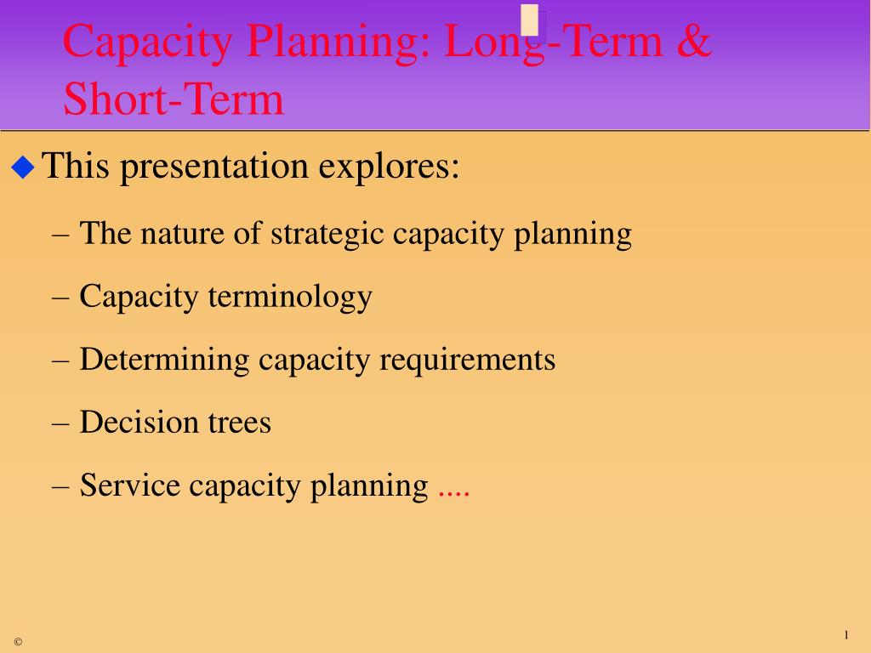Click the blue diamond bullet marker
[x=23, y=168]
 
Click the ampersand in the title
[x=694, y=41]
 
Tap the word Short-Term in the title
[x=174, y=99]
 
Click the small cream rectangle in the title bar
[x=530, y=20]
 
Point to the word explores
[x=390, y=166]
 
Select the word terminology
[x=290, y=297]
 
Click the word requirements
[x=467, y=361]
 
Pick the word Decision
[x=139, y=422]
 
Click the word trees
[x=239, y=423]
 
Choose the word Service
[x=130, y=485]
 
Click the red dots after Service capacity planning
[x=454, y=494]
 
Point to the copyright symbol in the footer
[x=19, y=642]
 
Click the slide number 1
[x=846, y=634]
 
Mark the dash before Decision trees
[x=60, y=424]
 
